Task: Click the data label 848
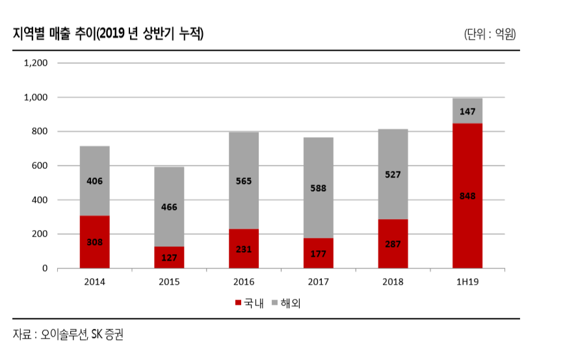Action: coord(467,196)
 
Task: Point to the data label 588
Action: coord(318,188)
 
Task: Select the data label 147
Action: coord(467,112)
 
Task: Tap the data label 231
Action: coord(244,249)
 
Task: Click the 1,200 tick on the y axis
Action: coord(36,63)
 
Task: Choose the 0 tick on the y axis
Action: coord(45,268)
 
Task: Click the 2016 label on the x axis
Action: coord(244,281)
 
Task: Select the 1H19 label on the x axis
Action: coord(467,281)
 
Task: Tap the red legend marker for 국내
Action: coord(238,303)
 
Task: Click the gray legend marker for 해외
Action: coord(276,303)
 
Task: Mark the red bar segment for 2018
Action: coord(393,244)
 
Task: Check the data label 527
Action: coord(393,174)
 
